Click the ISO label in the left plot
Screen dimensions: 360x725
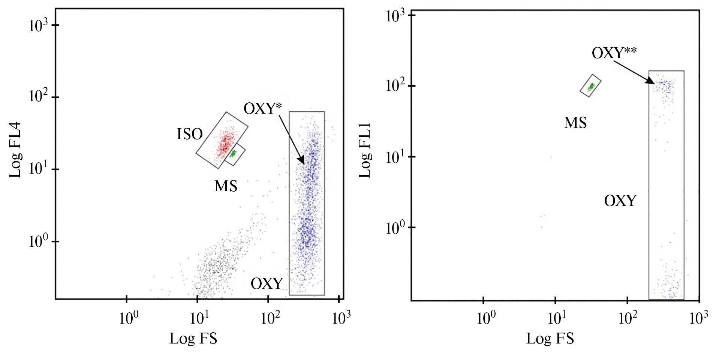click(190, 134)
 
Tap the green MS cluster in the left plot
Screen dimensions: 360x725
click(234, 153)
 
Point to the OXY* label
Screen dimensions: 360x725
click(262, 109)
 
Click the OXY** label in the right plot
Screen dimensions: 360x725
click(614, 53)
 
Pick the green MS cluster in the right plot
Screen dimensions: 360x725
click(591, 87)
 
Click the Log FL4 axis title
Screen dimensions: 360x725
click(15, 150)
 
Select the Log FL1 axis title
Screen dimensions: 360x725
click(364, 150)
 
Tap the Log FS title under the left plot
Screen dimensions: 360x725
click(193, 339)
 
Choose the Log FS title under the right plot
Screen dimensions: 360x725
click(550, 339)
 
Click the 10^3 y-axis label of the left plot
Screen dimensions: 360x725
click(38, 25)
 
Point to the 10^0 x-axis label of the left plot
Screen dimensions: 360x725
click(129, 318)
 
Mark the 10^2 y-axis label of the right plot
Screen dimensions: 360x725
click(395, 86)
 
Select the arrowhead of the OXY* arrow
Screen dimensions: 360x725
click(302, 161)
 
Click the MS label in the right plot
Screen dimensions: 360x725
click(575, 123)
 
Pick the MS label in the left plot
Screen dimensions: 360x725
click(226, 186)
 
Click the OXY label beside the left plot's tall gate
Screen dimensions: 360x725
click(267, 284)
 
